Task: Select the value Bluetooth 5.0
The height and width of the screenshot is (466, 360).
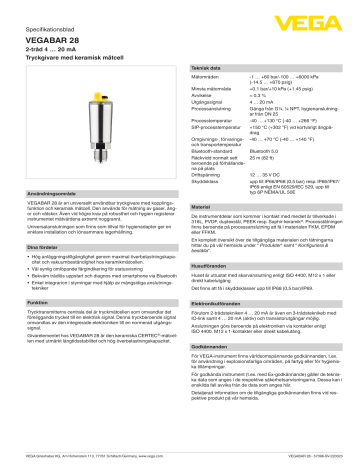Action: coord(268,179)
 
